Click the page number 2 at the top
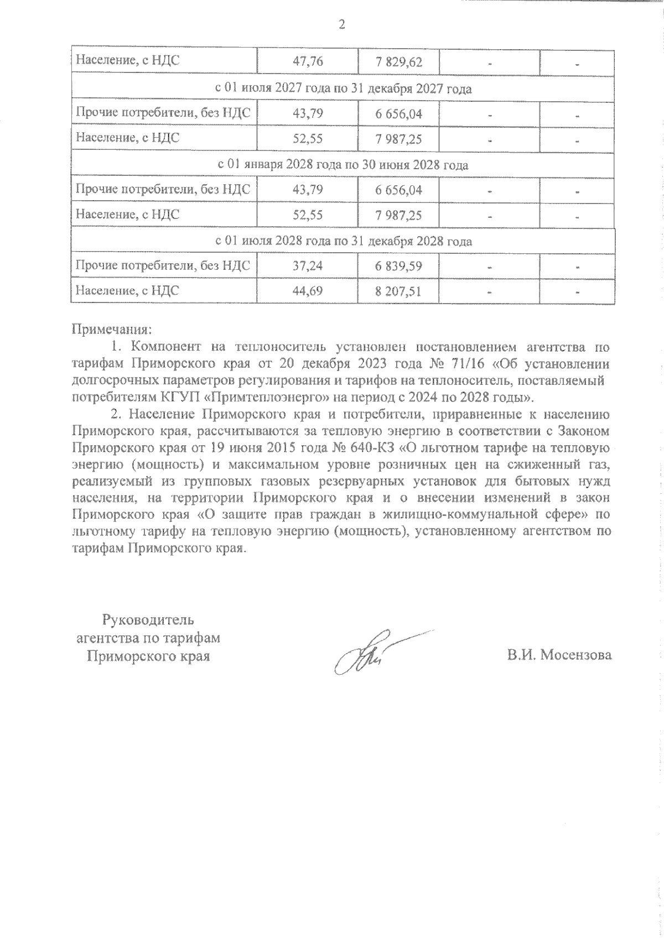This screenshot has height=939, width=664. [341, 24]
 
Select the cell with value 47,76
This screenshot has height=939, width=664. [308, 62]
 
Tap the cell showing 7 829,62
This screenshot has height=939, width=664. [398, 62]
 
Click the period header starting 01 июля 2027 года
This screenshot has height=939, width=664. [343, 88]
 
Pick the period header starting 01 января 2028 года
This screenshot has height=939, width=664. [343, 165]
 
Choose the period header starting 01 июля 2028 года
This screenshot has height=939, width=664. [343, 241]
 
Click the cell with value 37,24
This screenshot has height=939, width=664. [308, 267]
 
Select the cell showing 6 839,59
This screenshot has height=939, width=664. [398, 267]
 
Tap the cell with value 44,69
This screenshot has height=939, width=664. [308, 291]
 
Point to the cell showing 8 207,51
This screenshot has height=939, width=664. [398, 291]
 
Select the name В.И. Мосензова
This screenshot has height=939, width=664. [560, 655]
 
